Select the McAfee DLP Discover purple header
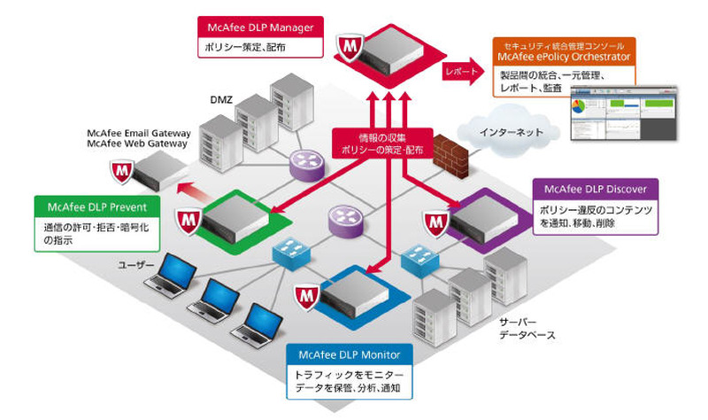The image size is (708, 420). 596,189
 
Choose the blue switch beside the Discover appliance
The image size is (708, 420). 416,260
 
